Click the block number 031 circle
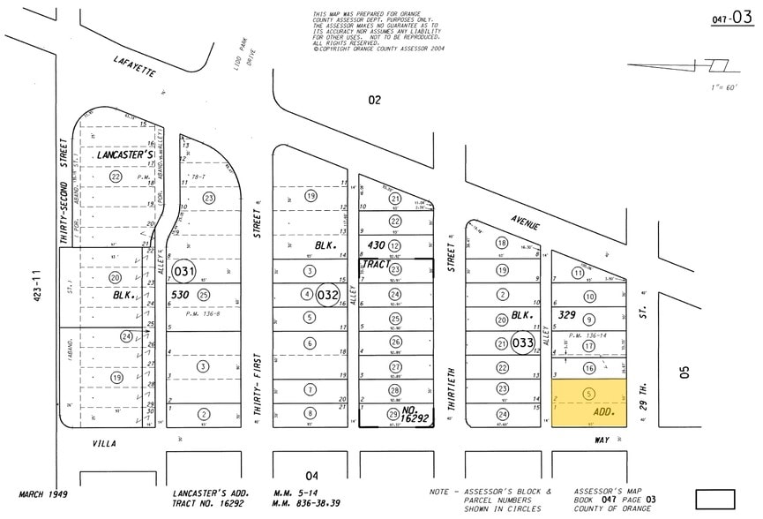(x=183, y=271)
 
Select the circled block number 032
(x=328, y=294)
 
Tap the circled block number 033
(x=523, y=343)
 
